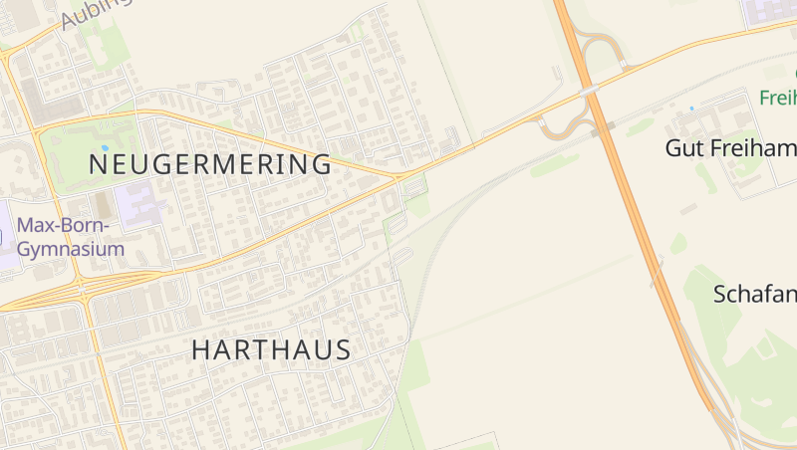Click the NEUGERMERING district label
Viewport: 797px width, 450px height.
210,164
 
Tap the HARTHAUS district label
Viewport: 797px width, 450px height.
271,350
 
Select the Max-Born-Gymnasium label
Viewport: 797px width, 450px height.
71,237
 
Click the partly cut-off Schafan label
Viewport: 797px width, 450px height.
754,295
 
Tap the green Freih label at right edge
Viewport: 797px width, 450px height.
777,99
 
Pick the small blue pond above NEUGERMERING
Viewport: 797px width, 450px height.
104,147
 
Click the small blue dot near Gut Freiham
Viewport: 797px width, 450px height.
691,108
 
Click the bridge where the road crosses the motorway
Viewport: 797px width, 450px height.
590,91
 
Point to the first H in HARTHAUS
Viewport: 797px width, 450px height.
199,350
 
